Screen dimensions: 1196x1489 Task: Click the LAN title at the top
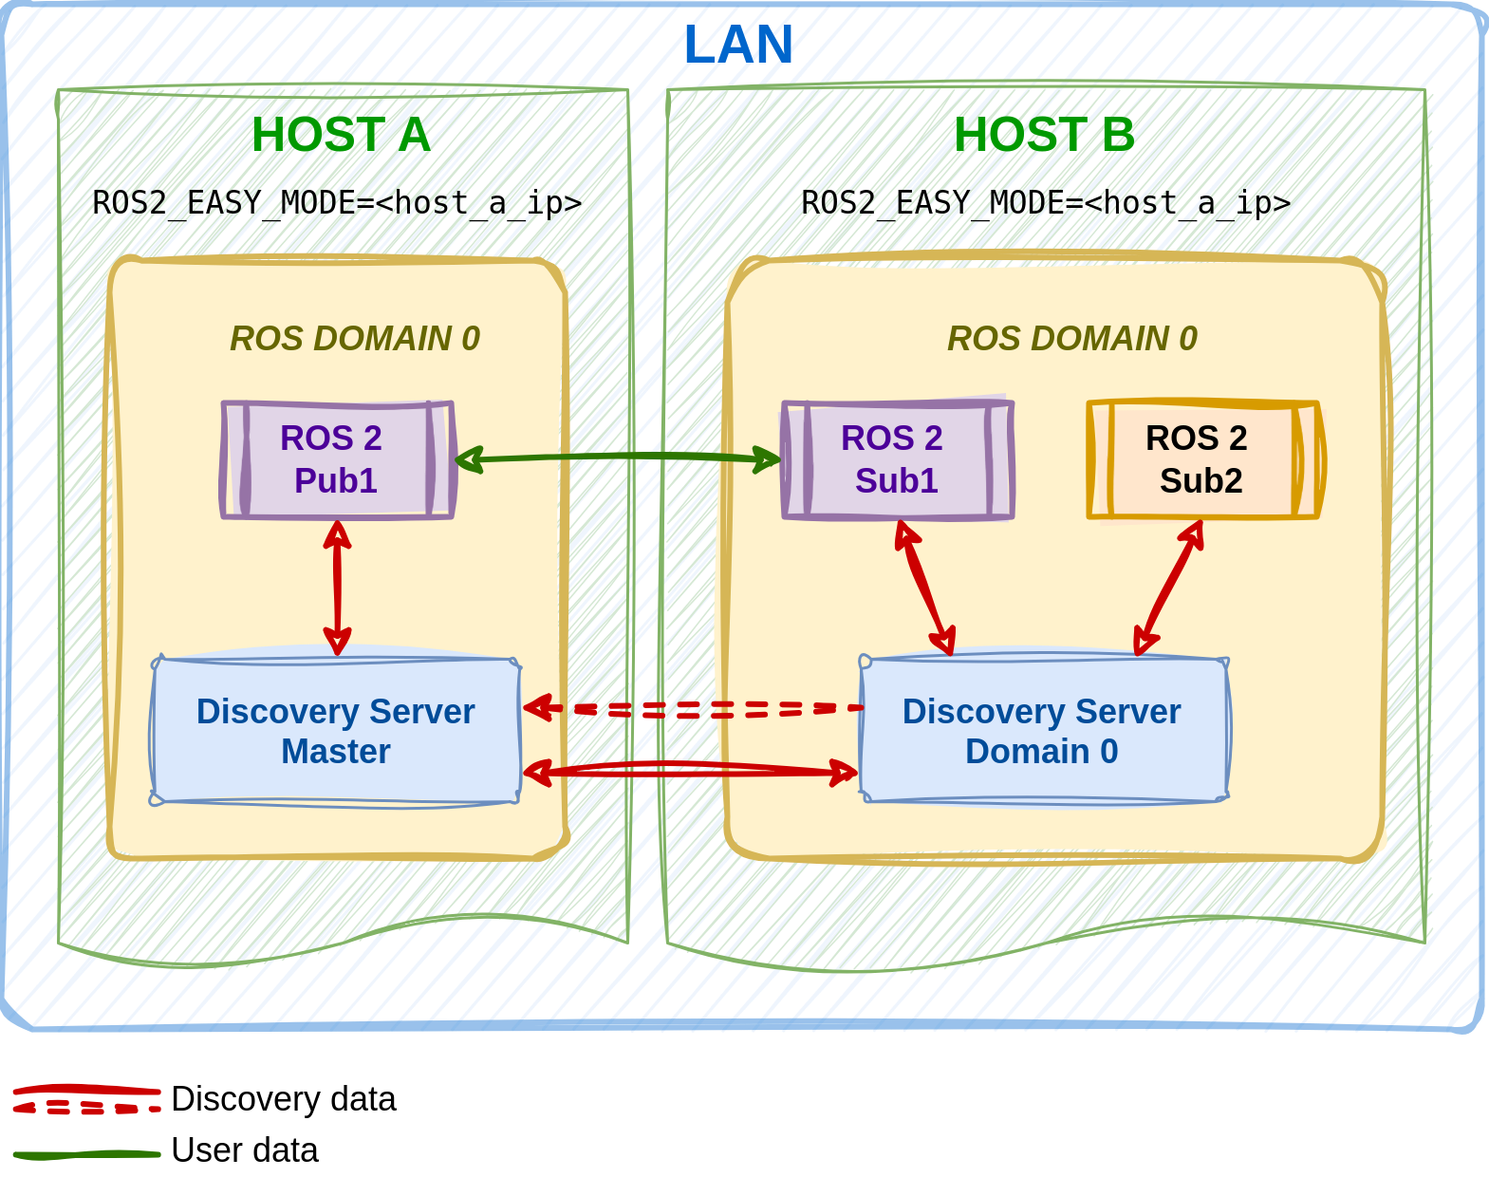point(737,44)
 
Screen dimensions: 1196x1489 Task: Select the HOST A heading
point(341,135)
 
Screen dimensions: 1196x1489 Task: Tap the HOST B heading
point(1044,135)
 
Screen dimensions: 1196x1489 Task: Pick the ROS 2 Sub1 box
point(897,460)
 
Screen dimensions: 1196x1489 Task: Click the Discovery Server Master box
point(335,731)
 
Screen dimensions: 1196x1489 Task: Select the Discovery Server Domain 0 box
point(1042,731)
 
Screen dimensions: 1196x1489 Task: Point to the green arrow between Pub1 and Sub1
point(617,458)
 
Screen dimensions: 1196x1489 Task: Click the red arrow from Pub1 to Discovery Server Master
point(337,587)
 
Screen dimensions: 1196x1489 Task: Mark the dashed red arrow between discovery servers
point(693,709)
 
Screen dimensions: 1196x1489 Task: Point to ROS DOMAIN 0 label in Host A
point(355,339)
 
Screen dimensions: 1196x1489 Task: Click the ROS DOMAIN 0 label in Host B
point(1072,339)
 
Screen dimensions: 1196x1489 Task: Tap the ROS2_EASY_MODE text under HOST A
point(337,202)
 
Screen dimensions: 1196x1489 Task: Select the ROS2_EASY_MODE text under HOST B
point(1044,202)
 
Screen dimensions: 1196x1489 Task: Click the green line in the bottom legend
point(86,1155)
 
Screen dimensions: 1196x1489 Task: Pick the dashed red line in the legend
point(86,1108)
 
